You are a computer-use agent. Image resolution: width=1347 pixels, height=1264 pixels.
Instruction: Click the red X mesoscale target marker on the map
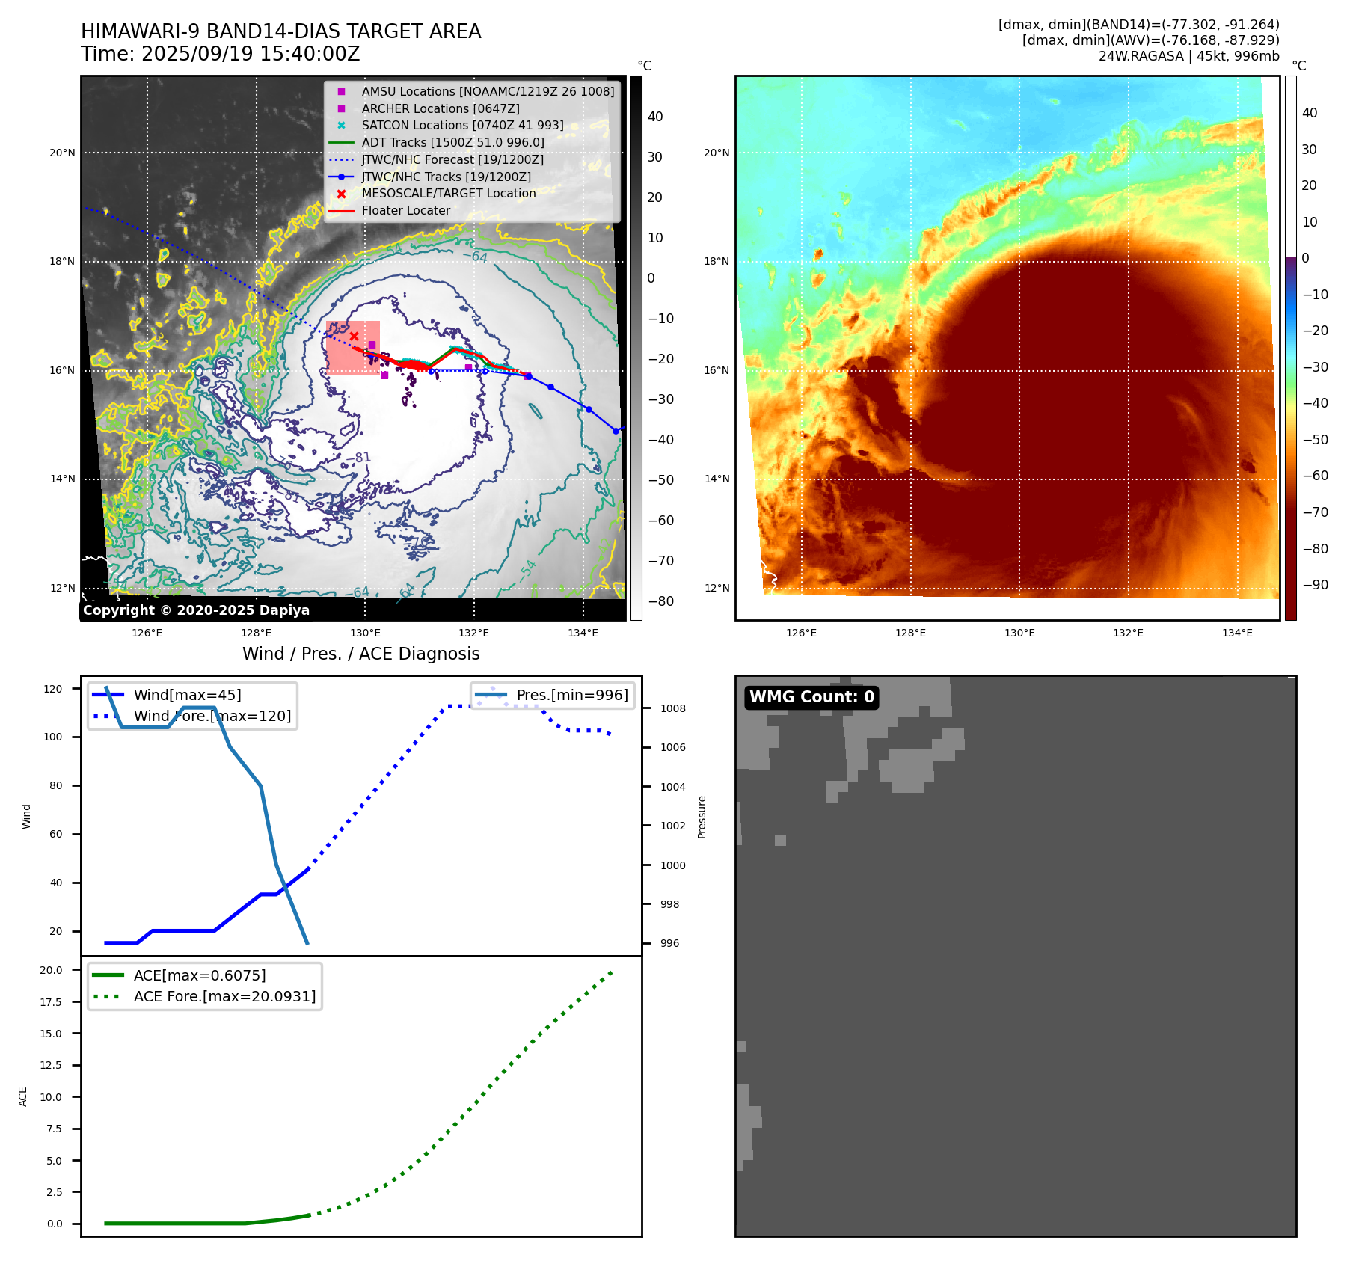pos(354,336)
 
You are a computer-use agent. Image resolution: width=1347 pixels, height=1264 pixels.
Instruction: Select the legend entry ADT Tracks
pos(452,142)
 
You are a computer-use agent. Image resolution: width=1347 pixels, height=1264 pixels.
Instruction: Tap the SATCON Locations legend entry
pos(462,125)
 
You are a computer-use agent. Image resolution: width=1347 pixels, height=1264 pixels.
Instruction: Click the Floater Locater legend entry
pos(405,210)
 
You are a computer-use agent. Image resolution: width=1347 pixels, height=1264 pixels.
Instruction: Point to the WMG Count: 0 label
pos(811,697)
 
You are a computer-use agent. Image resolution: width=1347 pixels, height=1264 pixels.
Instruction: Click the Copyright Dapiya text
pos(196,610)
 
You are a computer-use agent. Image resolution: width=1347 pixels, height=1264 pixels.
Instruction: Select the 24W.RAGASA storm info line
pos(1188,56)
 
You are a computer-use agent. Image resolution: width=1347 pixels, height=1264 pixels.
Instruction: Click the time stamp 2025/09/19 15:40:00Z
pos(221,55)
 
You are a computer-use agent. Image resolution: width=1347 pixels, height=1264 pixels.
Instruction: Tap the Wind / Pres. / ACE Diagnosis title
pos(360,654)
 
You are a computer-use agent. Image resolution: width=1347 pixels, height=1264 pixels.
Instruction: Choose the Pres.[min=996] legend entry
pos(571,695)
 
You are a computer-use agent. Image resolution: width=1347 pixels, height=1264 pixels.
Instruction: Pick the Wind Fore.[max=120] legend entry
pos(212,716)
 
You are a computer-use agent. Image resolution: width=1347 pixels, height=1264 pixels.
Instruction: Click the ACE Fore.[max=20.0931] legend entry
pos(224,996)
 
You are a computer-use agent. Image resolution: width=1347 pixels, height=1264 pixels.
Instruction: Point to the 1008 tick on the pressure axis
pos(672,708)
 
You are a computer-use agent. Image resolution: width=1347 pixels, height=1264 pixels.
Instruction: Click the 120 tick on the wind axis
pos(53,689)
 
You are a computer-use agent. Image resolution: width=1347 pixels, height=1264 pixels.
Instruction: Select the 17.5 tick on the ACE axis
pos(51,1002)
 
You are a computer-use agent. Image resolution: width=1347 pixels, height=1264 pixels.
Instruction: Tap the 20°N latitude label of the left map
pos(62,153)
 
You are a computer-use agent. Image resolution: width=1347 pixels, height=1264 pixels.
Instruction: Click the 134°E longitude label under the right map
pos(1237,633)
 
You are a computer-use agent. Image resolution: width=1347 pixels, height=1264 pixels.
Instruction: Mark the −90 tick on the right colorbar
pos(1315,585)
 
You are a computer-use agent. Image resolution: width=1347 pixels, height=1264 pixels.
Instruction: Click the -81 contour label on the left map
pos(358,458)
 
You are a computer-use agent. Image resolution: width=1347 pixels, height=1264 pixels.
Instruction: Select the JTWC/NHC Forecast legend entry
pos(452,159)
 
